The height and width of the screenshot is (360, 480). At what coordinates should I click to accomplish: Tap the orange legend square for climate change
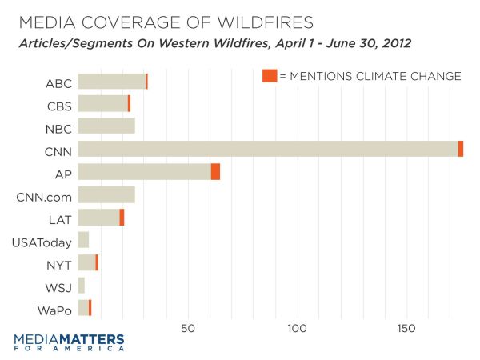point(269,76)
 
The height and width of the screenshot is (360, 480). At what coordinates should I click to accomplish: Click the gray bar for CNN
point(268,149)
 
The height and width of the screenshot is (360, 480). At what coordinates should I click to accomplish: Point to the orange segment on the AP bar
point(215,172)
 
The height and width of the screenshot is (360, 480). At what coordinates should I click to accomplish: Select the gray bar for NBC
point(106,126)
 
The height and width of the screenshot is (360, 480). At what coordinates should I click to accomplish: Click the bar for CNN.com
point(106,194)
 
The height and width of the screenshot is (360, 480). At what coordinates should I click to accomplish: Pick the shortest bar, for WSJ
point(82,286)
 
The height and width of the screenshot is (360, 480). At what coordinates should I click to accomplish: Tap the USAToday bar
point(83,240)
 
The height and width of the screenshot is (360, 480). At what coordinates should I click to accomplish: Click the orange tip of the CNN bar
point(461,149)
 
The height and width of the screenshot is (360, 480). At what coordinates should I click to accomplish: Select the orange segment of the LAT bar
point(122,218)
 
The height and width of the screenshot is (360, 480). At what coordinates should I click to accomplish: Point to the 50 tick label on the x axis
point(189,329)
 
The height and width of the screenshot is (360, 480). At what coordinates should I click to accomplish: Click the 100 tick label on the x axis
point(298,329)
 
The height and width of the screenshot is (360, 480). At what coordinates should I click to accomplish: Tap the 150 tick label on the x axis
point(406,329)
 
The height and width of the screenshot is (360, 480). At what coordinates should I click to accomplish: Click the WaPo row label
point(57,309)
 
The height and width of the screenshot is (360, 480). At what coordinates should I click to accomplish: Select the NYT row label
point(59,263)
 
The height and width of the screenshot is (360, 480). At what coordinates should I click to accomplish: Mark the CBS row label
point(59,104)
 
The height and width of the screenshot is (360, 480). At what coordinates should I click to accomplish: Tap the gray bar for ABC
point(112,81)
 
